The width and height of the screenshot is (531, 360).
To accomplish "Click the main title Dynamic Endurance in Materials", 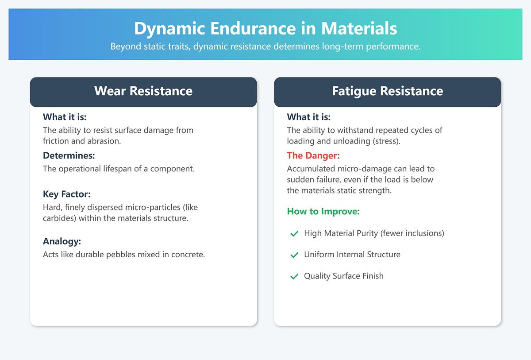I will (265, 29).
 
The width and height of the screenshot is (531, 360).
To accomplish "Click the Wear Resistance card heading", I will (143, 91).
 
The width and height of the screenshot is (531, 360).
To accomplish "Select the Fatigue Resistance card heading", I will (387, 91).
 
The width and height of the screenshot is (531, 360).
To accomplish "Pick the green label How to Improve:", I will (323, 212).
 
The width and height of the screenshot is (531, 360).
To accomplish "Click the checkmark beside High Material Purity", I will (294, 233).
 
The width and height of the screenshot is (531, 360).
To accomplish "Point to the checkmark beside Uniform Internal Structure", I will (294, 255).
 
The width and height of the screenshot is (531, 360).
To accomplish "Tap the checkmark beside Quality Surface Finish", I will (294, 276).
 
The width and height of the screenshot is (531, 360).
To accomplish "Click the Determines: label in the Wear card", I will (69, 155).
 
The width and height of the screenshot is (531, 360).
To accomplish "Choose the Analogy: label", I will (62, 241).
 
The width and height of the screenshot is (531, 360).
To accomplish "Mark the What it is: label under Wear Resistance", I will (65, 117).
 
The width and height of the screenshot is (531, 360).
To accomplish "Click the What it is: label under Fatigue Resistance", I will (308, 117).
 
